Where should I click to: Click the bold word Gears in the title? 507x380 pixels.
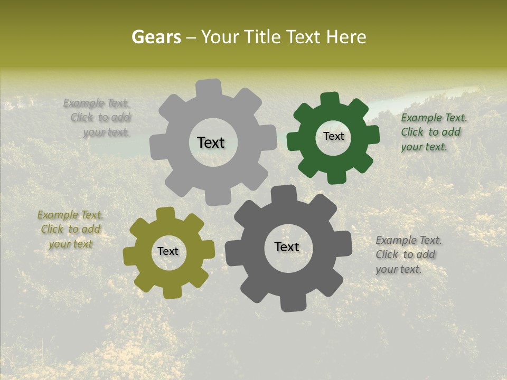156,37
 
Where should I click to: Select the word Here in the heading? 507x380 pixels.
346,37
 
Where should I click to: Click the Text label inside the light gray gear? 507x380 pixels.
211,142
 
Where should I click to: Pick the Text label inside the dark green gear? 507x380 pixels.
333,136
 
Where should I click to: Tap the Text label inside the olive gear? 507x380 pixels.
168,252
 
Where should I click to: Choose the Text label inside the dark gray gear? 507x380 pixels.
287,247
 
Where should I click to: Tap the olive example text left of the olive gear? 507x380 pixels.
70,229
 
